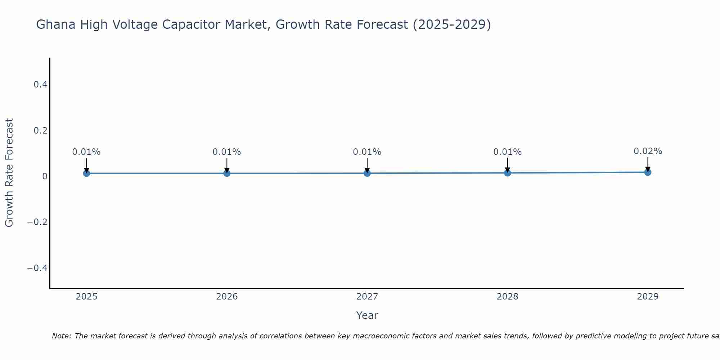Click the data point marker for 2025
(x=86, y=173)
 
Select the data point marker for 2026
(x=227, y=173)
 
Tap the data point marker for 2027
(x=367, y=173)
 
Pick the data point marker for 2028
(x=507, y=173)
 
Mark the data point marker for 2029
(x=648, y=172)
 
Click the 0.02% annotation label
(x=648, y=151)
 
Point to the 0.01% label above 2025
(x=86, y=152)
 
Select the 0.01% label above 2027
(x=367, y=152)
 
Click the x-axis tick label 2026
(x=227, y=297)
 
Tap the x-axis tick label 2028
(x=507, y=297)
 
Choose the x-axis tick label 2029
(x=648, y=297)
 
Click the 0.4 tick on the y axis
(x=40, y=85)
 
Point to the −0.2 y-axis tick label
(x=37, y=222)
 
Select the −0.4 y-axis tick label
(x=37, y=268)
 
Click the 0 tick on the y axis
(x=45, y=176)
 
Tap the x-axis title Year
(x=367, y=315)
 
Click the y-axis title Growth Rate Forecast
(x=9, y=173)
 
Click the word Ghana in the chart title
(x=56, y=24)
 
